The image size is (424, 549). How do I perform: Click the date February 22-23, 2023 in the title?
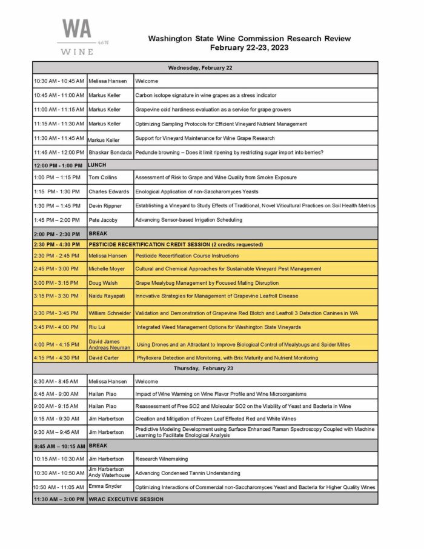(x=249, y=47)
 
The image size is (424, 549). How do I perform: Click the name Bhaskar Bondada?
(x=110, y=152)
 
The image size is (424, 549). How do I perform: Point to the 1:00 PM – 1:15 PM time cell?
(x=58, y=178)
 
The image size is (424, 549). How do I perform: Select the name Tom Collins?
(x=102, y=178)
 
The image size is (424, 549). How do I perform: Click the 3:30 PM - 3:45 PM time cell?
(x=58, y=313)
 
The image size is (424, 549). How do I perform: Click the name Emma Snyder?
(x=105, y=487)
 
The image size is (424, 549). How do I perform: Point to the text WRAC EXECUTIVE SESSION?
(x=126, y=499)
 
